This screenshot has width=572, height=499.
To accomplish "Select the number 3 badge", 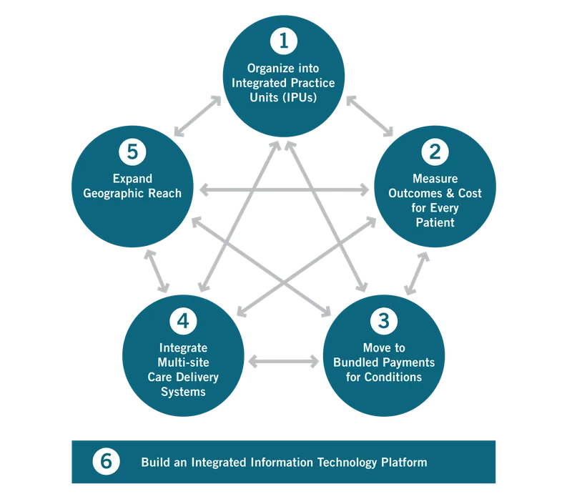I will click(383, 320).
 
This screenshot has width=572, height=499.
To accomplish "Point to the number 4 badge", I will click(183, 320).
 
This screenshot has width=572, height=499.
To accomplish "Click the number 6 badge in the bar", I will click(106, 461).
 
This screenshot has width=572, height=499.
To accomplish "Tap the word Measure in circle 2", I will click(435, 179).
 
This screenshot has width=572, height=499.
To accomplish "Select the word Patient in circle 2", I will click(435, 222).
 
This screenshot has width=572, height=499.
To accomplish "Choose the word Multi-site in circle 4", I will click(183, 362).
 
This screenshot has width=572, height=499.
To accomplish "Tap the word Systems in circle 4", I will click(183, 391).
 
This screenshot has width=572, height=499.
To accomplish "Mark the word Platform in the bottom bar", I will click(403, 462).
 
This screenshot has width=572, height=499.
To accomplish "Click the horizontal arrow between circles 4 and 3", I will click(283, 360).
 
